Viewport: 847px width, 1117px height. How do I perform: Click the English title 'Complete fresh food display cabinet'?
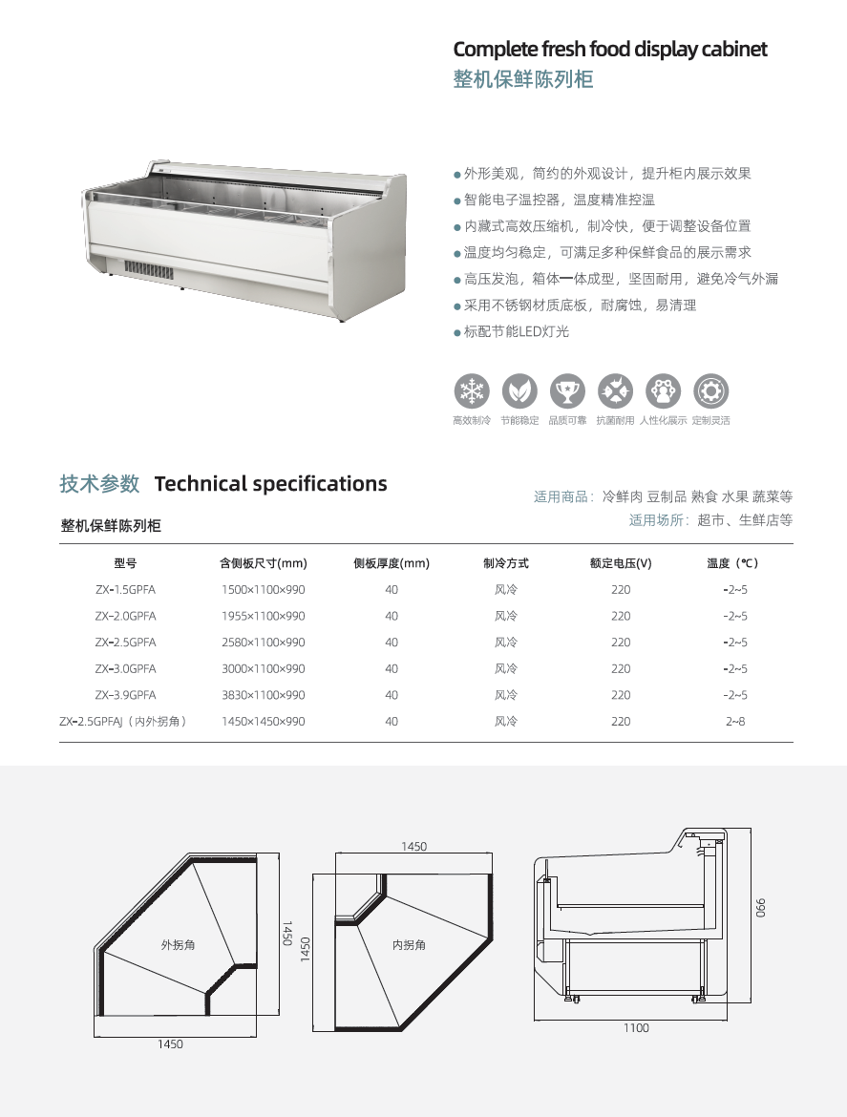pos(610,49)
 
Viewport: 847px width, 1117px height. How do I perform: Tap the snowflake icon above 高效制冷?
pos(472,391)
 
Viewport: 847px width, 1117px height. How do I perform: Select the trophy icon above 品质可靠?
pos(567,391)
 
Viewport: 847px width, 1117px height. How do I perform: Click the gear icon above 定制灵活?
pos(711,391)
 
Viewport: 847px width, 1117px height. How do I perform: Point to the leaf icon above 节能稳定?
pos(519,391)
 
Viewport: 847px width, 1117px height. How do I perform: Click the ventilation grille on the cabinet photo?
pos(150,271)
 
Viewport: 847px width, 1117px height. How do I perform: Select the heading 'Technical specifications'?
pos(270,484)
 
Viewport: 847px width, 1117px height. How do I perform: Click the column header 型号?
pos(125,563)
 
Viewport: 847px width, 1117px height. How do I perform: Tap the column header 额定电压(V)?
pos(621,563)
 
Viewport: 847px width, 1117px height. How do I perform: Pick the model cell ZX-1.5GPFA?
pos(125,590)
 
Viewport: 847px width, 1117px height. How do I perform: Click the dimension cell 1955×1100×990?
pos(263,616)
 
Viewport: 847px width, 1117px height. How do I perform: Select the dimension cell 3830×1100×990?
pos(263,695)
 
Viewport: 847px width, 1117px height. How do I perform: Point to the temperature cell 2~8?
pos(735,722)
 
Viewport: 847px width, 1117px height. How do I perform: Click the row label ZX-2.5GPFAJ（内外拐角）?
pos(123,722)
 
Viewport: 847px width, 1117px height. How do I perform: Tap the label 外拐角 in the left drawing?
pos(179,945)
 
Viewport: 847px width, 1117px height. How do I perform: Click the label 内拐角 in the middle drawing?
pos(409,945)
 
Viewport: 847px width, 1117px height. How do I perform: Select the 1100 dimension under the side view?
pos(636,1028)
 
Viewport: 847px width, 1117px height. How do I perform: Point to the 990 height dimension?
pos(760,908)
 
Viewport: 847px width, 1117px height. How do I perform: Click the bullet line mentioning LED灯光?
pos(512,332)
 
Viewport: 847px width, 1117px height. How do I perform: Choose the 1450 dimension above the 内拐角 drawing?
pos(413,847)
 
